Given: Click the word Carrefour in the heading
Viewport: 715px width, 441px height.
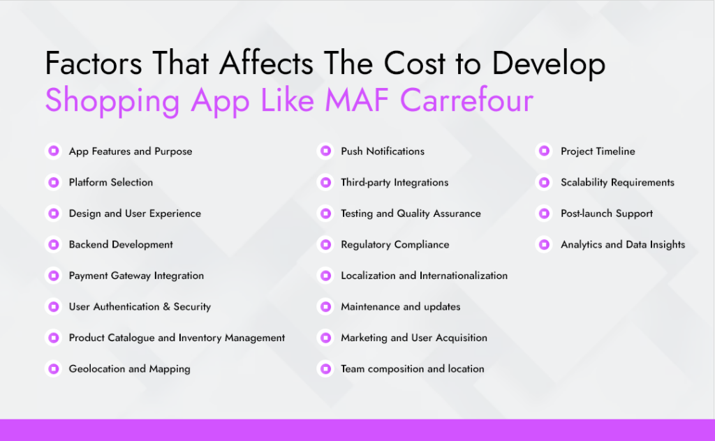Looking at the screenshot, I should point(466,101).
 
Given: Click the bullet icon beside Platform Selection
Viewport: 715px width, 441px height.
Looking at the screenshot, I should point(53,182).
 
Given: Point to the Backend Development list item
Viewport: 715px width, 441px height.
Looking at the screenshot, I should point(121,245).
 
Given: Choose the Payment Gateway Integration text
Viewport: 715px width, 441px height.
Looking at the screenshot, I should point(136,276).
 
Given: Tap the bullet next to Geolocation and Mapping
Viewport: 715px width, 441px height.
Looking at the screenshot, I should point(53,369).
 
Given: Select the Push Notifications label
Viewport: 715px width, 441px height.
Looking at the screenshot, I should point(382,151).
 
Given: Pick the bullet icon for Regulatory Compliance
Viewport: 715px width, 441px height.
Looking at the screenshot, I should point(325,245).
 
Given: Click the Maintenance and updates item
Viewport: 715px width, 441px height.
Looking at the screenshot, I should point(400,307).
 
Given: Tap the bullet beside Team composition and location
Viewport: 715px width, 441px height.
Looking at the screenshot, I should point(325,369).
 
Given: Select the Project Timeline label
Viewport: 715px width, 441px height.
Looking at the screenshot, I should point(598,151).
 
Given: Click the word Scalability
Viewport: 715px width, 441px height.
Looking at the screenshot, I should point(584,183).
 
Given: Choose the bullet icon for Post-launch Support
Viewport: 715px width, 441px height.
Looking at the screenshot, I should point(545,214).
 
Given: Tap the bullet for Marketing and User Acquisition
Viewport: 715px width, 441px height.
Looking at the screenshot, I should point(325,338).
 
